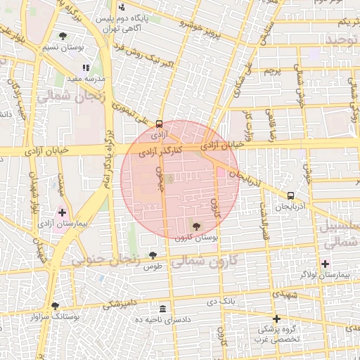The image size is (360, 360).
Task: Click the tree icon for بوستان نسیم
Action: click(x=63, y=35)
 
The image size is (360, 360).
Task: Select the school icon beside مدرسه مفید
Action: click(x=86, y=68)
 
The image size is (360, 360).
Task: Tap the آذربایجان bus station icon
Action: click(x=290, y=196)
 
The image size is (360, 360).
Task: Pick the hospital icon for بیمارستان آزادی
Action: click(x=62, y=212)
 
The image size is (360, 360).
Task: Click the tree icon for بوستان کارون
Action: click(x=195, y=226)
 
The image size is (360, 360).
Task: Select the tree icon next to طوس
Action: click(x=153, y=255)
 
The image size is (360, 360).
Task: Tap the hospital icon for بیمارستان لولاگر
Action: click(x=324, y=264)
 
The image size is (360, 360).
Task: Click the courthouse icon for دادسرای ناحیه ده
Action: click(x=163, y=309)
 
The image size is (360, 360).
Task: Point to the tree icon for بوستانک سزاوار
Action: click(x=55, y=306)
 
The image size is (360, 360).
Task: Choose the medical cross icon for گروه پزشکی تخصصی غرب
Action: click(x=276, y=318)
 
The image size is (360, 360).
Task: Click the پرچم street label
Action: click(x=274, y=72)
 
